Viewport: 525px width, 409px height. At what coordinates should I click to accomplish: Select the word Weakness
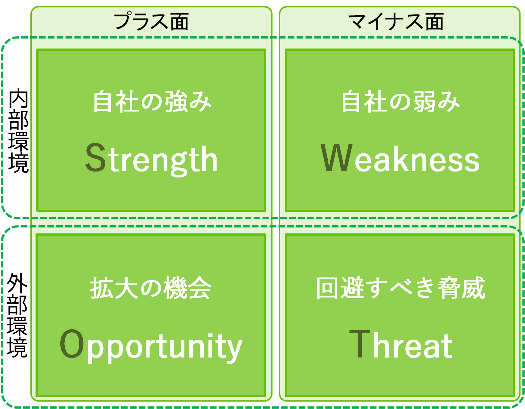tap(400, 158)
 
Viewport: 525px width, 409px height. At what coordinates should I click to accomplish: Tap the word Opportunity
tap(151, 346)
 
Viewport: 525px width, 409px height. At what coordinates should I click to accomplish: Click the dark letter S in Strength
tap(96, 157)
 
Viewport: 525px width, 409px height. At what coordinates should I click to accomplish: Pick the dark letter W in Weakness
tap(336, 157)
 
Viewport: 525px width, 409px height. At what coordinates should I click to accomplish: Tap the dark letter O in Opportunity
tap(72, 343)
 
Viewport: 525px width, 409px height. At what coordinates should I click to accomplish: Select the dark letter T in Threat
tap(360, 344)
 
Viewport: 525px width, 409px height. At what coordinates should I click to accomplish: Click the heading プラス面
tap(151, 21)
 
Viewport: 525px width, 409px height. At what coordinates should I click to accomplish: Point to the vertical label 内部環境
tap(19, 130)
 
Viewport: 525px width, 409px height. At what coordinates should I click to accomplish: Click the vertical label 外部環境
tap(17, 315)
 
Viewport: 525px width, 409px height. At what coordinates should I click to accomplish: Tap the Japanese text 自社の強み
tap(152, 101)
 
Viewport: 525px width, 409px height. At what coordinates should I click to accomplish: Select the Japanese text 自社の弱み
tap(401, 101)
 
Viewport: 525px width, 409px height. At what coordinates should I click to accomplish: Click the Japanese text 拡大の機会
tap(151, 288)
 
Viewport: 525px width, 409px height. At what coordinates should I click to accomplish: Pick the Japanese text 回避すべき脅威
tap(401, 288)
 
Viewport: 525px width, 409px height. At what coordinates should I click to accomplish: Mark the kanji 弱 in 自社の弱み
tap(425, 101)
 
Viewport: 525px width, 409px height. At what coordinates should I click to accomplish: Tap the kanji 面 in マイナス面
tap(434, 22)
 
